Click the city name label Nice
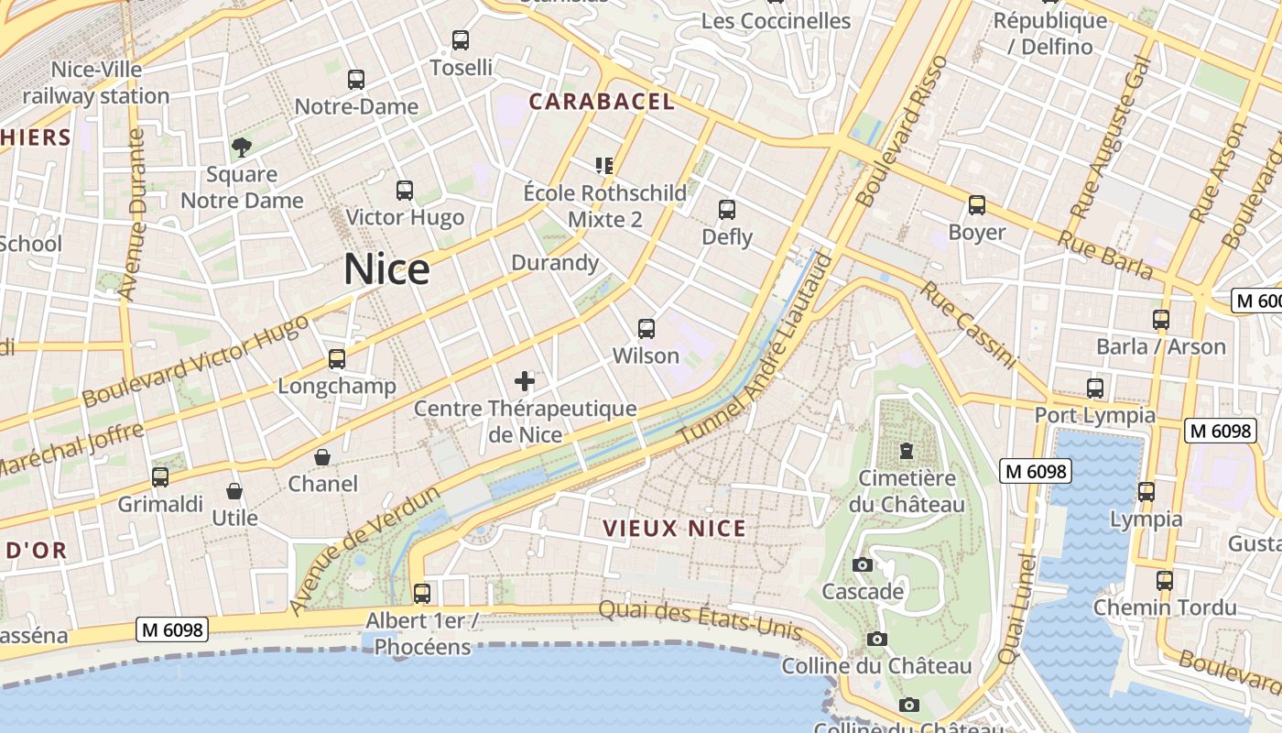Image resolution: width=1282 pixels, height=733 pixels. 386,269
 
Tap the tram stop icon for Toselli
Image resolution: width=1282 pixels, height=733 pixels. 461,40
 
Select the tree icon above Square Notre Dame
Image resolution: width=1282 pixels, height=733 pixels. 242,147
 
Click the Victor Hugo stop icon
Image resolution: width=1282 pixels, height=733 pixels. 405,191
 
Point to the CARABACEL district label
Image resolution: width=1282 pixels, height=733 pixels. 602,102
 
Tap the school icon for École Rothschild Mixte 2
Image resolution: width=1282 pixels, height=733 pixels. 603,165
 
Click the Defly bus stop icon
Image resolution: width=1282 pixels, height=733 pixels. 727,210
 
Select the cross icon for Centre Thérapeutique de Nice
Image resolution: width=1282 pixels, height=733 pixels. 525,380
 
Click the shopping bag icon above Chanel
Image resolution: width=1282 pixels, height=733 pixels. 322,456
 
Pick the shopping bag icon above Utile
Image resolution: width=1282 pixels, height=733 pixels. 234,491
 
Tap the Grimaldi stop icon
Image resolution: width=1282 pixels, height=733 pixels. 160,476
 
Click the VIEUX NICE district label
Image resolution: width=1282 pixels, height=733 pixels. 674,529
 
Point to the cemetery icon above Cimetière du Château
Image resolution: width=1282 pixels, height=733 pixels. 907,451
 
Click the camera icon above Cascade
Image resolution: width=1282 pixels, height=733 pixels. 862,564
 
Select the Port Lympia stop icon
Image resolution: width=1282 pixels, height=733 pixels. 1094,388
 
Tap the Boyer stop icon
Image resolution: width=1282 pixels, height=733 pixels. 977,205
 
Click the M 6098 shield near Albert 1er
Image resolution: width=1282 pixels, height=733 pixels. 172,629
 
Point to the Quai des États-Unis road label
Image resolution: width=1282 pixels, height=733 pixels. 701,620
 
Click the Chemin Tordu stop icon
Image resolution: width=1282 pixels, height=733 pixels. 1164,580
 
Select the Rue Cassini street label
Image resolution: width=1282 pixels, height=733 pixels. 969,324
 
